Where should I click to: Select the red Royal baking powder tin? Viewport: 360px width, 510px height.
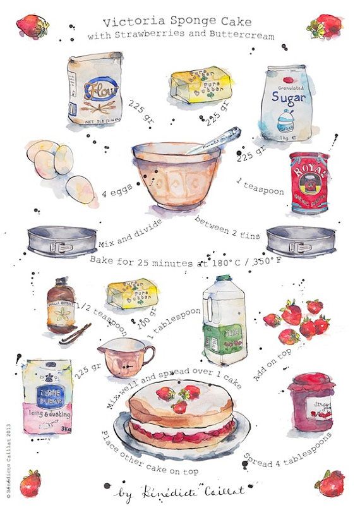click(x=309, y=183)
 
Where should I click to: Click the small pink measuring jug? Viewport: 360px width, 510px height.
click(x=124, y=360)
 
